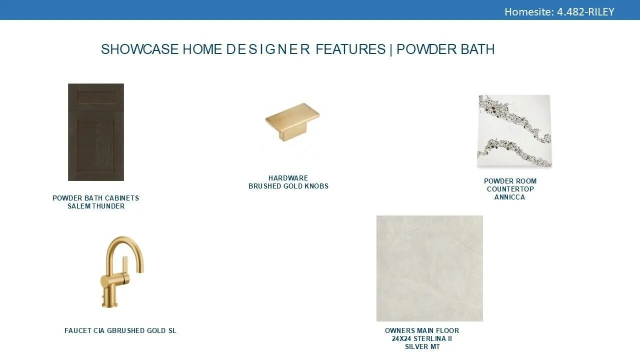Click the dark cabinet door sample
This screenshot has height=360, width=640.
coord(96,132)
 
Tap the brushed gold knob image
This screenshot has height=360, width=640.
coord(292,121)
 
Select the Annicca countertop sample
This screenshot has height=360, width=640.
coord(514,131)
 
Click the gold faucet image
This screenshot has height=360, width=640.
coord(122,272)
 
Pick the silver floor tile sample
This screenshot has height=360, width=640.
coord(429,268)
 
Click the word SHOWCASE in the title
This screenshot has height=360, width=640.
coord(139,49)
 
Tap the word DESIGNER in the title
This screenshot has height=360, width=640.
coord(268,49)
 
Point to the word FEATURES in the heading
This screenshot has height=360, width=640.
coord(350,49)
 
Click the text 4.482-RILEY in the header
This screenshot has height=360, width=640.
coord(585,12)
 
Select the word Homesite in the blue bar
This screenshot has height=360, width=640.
coord(529,12)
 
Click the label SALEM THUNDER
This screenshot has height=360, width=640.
coord(96,206)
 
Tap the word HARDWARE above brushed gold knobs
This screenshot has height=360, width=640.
coord(288,178)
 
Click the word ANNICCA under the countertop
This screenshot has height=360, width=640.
coord(509,197)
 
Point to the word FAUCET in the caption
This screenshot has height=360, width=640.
coord(77,330)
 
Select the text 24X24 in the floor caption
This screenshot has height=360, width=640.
coord(401,338)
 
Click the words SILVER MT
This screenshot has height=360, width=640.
coord(422,346)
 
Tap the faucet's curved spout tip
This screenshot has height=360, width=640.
coord(140,271)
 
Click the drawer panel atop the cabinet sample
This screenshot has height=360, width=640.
coord(96,97)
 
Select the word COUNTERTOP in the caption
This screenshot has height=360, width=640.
coord(510,189)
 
